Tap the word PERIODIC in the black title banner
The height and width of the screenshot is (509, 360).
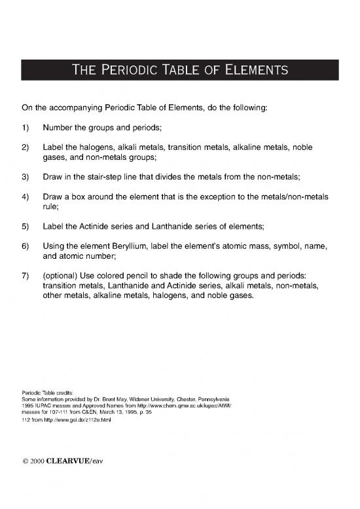coord(129,69)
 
